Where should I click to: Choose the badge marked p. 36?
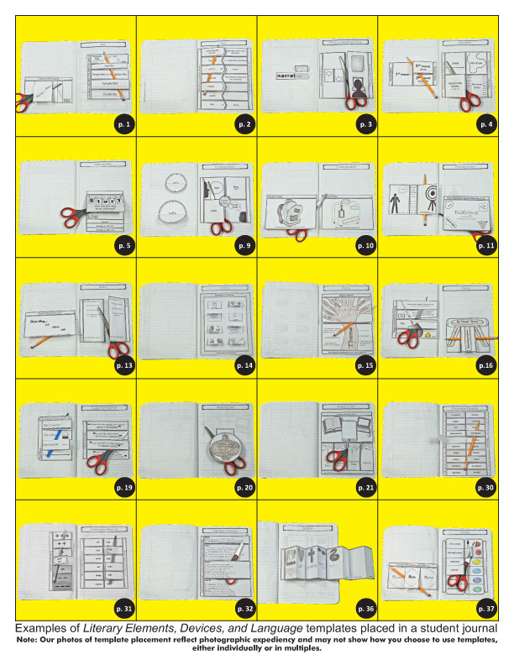point(367,608)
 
